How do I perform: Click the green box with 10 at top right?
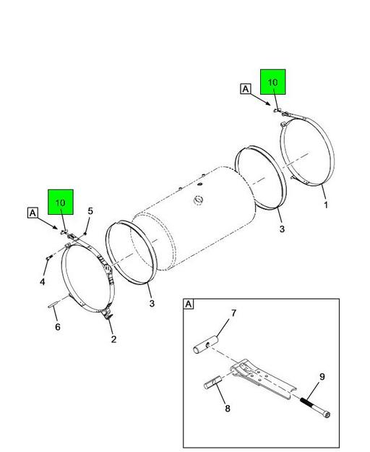(x=272, y=82)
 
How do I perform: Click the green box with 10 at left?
(x=61, y=202)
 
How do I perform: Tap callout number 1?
(x=326, y=205)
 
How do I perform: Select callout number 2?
(x=113, y=339)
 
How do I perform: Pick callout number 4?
(x=43, y=281)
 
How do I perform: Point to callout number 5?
(x=90, y=211)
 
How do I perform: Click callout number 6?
(x=58, y=327)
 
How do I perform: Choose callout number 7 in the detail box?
(x=233, y=313)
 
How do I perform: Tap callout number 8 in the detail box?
(x=228, y=409)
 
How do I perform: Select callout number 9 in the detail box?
(x=322, y=377)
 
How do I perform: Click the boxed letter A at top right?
(x=245, y=89)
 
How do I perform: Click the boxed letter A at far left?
(x=33, y=213)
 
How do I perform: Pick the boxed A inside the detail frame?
(x=189, y=304)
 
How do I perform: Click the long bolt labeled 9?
(x=314, y=407)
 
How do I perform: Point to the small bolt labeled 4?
(x=49, y=257)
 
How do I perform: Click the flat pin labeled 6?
(x=54, y=304)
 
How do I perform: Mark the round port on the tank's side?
(x=198, y=200)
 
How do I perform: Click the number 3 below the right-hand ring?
(x=282, y=229)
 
